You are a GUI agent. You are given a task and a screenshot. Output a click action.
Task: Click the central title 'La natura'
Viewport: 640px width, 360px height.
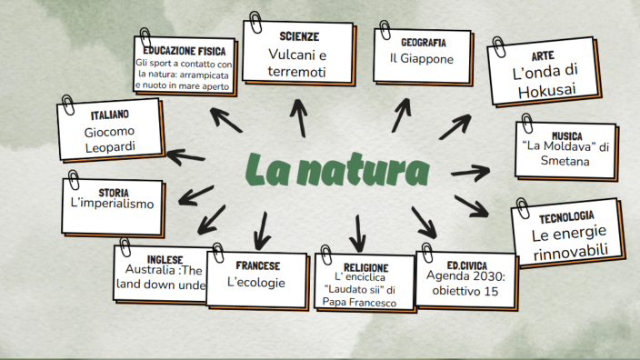point(337,171)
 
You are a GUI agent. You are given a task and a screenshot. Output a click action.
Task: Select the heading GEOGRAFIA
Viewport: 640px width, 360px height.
point(423,42)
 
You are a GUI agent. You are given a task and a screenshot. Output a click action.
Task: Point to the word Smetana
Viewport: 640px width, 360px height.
point(565,161)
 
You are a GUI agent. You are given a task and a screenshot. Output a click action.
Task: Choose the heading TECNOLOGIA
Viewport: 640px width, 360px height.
point(566,218)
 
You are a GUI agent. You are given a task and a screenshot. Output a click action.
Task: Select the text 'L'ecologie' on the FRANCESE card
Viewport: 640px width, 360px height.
point(256,283)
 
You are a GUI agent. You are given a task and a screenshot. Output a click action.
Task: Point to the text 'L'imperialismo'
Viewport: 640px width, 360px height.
point(112,204)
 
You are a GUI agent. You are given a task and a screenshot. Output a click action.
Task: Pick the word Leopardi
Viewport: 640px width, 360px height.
point(109,146)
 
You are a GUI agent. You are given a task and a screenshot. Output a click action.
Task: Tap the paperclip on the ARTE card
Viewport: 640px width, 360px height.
point(498,46)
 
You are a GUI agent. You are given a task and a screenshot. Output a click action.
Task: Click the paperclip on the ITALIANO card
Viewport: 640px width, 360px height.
point(69,103)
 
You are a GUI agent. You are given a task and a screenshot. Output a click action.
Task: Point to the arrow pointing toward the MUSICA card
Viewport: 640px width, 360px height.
point(470,171)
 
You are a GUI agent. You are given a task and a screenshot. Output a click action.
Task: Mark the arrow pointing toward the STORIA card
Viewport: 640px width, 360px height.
point(196,194)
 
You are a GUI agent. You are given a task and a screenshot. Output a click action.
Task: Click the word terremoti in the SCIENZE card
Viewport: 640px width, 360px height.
point(296,71)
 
